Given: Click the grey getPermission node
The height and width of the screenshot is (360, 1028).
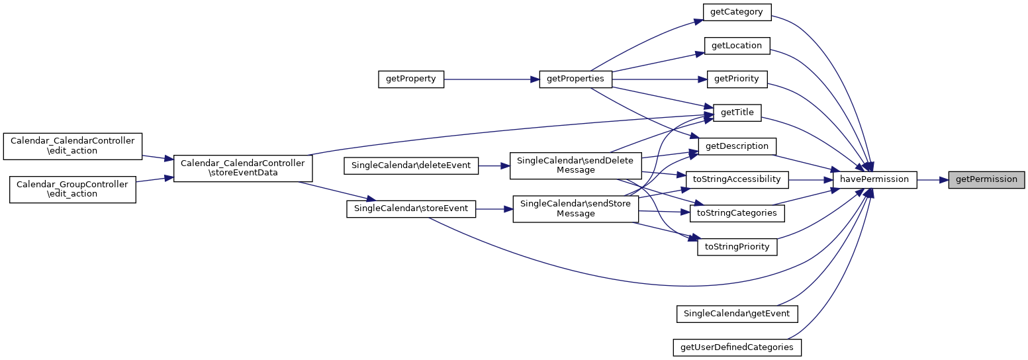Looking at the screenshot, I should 986,179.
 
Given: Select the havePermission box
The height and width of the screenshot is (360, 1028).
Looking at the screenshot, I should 874,179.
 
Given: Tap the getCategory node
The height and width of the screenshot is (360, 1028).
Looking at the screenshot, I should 737,12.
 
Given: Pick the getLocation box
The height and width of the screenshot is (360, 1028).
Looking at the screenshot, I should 737,46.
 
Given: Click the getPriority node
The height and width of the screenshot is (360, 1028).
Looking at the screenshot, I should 737,79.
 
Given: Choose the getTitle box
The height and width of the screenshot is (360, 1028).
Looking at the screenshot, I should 737,112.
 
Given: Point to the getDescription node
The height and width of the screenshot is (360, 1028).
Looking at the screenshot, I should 737,146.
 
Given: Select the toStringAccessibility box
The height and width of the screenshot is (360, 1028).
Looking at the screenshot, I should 737,179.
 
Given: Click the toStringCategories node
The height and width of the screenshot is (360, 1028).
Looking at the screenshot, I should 737,213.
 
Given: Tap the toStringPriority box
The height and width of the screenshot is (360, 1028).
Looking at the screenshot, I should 737,247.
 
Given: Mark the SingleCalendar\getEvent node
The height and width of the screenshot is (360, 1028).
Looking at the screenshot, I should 737,313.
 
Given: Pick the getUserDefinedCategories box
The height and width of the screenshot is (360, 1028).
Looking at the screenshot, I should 737,347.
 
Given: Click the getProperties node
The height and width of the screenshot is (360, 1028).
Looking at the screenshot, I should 575,79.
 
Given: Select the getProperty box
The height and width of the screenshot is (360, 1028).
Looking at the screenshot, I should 410,79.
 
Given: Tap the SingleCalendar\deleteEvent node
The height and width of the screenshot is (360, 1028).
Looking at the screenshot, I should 410,165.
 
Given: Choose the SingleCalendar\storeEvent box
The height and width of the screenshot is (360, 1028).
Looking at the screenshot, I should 410,208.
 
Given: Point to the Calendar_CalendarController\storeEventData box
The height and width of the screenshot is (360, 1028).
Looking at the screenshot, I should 242,168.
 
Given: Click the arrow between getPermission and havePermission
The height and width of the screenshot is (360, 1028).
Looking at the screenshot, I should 933,179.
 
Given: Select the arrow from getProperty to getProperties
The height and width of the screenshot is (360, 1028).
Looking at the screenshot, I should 490,79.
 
